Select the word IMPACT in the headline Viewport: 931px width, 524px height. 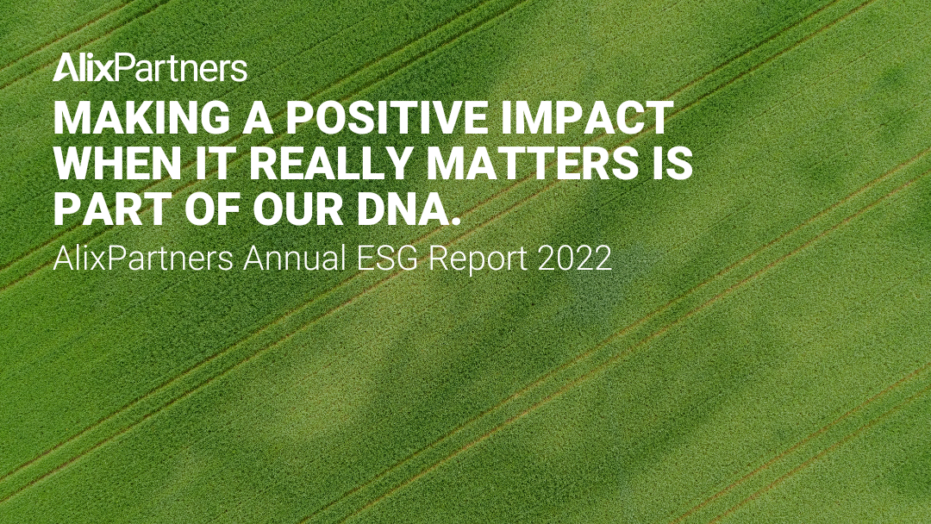[595, 119]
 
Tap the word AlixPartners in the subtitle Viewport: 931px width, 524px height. [143, 259]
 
